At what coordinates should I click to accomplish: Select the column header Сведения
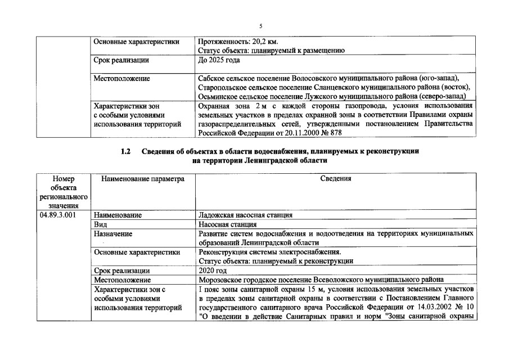(x=336, y=179)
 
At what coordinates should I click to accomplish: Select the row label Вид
(x=101, y=224)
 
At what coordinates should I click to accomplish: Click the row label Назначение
(x=113, y=233)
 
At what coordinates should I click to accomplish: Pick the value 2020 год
(x=213, y=270)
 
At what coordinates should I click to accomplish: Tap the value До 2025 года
(x=219, y=60)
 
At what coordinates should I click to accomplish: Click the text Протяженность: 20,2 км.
(x=238, y=42)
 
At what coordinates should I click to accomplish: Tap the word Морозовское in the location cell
(x=222, y=279)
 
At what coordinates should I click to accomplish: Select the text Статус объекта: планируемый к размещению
(x=271, y=51)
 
